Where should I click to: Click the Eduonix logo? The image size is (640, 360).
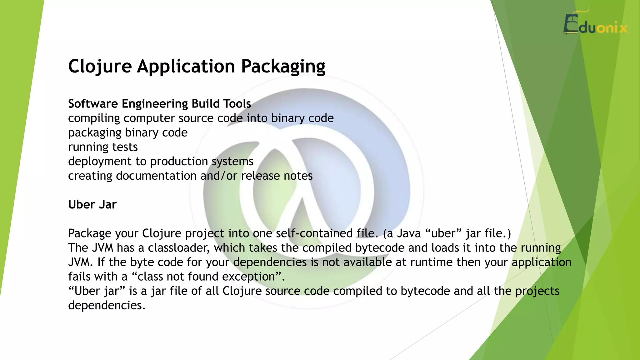point(595,25)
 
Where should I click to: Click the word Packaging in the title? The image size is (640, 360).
point(283,66)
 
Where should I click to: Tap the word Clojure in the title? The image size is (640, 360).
point(100,66)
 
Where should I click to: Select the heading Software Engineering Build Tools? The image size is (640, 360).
point(159,104)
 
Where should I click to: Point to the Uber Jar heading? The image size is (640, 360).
point(92,205)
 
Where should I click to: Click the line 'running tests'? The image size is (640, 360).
point(103,147)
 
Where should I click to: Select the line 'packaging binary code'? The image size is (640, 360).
point(128,132)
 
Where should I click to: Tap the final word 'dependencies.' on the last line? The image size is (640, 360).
point(107,305)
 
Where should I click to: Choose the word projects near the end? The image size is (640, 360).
point(537,291)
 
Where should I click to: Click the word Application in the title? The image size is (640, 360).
point(186,66)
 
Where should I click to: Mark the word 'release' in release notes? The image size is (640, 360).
point(260,176)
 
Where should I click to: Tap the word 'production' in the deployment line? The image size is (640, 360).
point(179,162)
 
